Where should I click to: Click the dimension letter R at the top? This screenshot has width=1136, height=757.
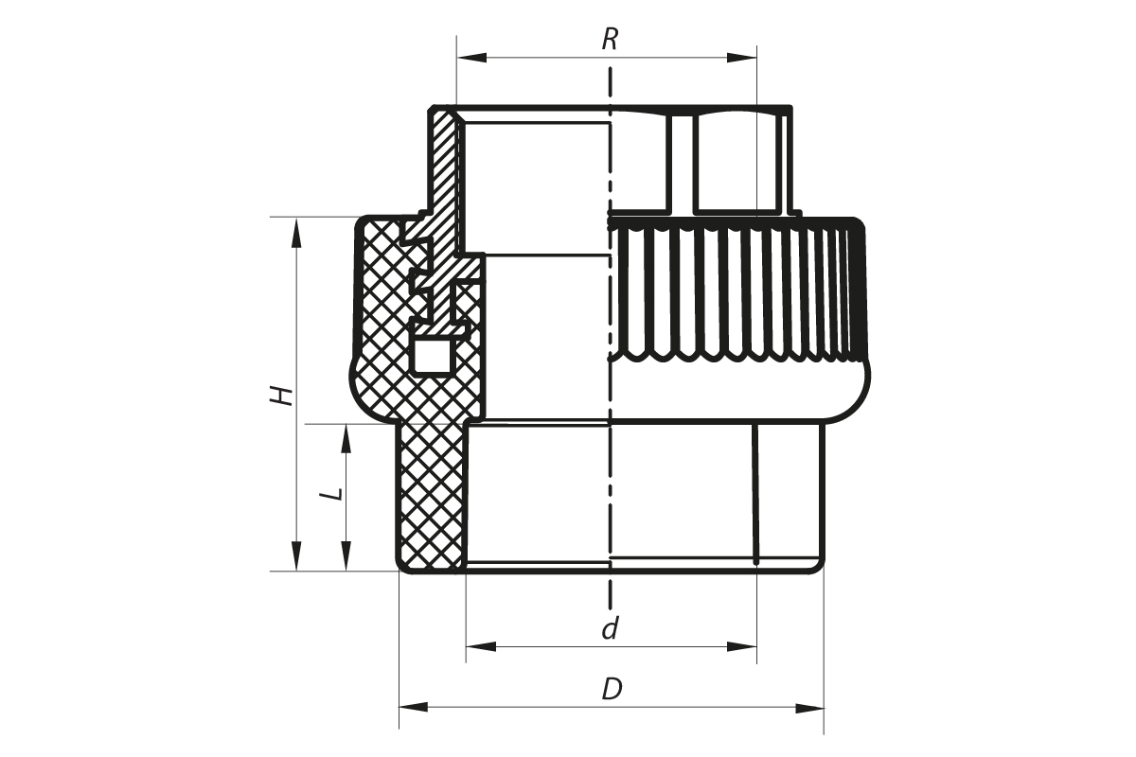(x=610, y=40)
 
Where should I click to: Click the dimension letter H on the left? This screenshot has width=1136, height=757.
(x=281, y=396)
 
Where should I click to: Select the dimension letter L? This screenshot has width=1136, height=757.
(x=333, y=494)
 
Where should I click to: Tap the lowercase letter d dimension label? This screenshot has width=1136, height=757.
(x=610, y=628)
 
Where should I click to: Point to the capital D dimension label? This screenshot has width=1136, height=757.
(x=612, y=689)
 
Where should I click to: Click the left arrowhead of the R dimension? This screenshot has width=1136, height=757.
(x=471, y=58)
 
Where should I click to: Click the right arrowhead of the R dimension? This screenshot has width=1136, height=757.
(x=741, y=58)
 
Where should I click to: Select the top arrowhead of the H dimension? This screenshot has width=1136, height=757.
(x=296, y=232)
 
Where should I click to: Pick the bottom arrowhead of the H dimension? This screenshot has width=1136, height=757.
(x=296, y=556)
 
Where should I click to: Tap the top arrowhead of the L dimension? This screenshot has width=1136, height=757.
(x=346, y=438)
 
